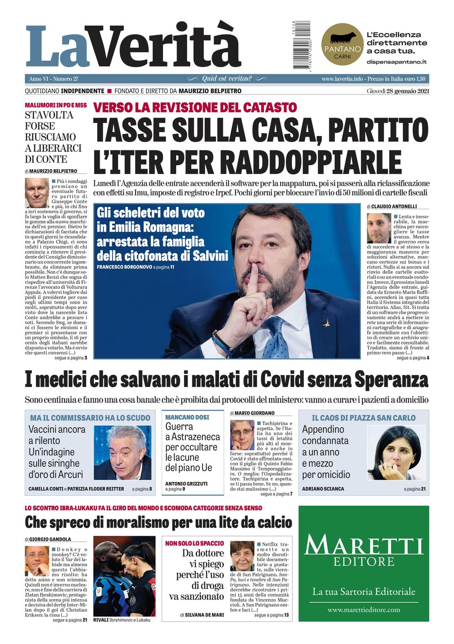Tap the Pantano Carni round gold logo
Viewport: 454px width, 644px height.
pos(342,44)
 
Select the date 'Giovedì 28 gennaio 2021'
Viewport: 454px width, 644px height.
pos(398,91)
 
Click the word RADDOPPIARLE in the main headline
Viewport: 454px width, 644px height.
pos(311,162)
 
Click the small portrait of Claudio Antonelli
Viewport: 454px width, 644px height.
pos(379,228)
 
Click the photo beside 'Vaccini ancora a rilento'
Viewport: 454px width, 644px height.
pos(122,453)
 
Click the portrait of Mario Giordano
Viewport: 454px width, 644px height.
pos(242,435)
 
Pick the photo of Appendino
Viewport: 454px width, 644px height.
pos(396,452)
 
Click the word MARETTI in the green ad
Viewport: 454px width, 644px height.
pos(364,545)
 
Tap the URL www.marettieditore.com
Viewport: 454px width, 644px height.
pos(364,610)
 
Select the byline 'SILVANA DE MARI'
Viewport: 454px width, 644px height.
pos(204,615)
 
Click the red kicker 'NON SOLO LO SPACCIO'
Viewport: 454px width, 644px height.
pos(195,543)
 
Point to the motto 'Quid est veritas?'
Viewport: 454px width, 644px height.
pos(227,79)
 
